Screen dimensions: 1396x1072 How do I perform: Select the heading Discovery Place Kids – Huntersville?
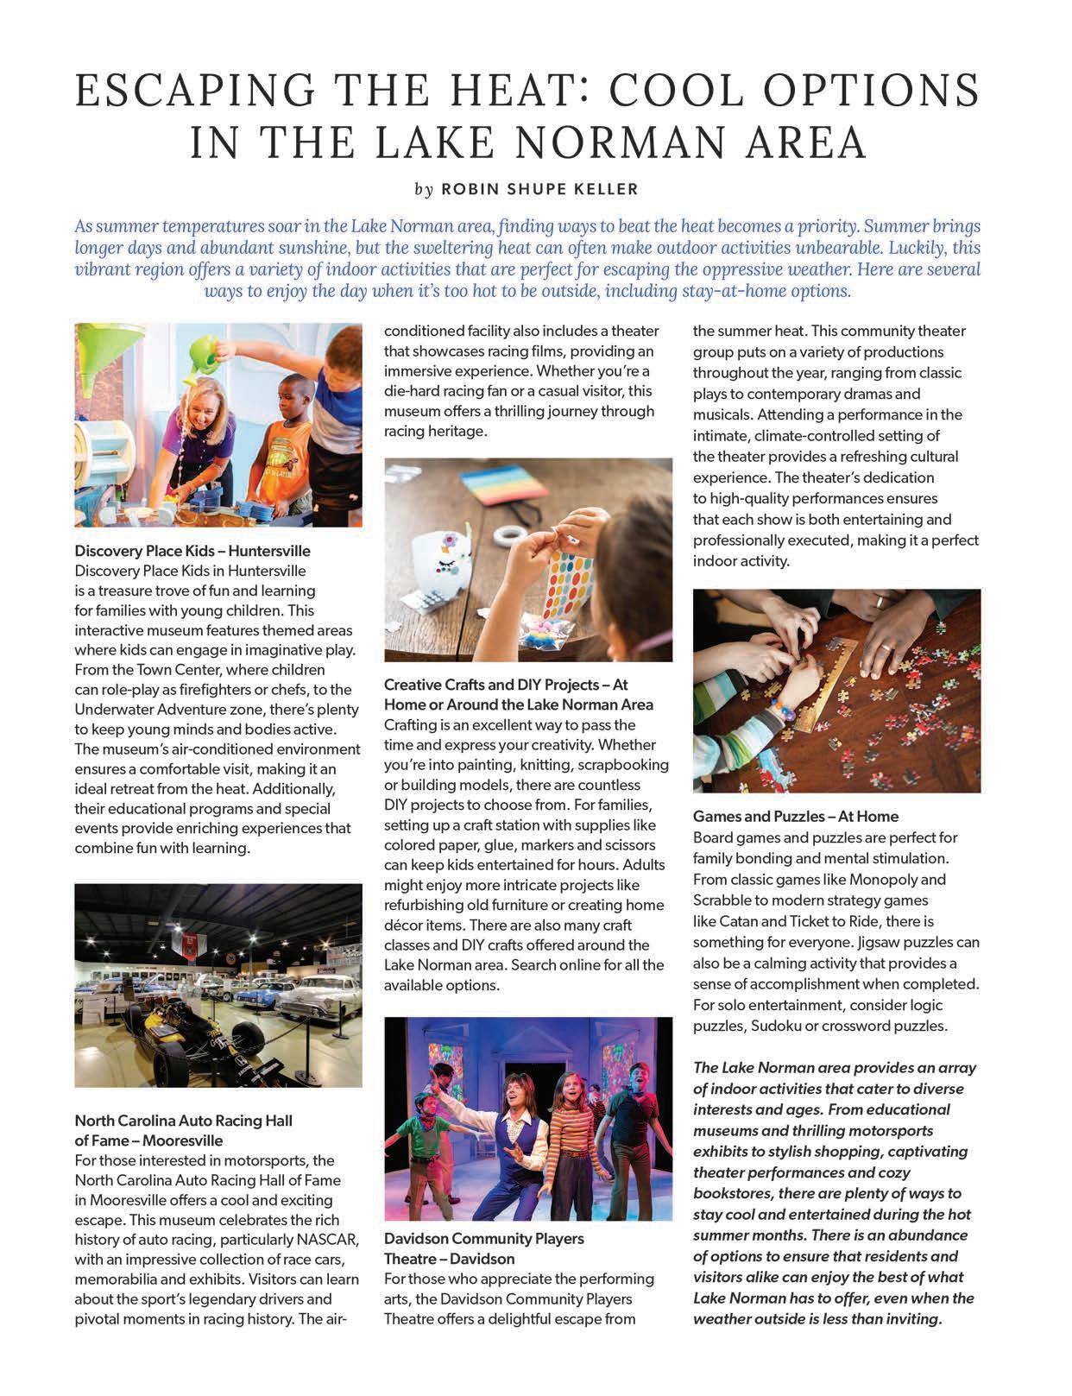(x=192, y=551)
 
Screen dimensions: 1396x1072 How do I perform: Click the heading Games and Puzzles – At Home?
(x=795, y=817)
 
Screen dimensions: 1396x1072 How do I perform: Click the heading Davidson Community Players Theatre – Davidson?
(x=483, y=1248)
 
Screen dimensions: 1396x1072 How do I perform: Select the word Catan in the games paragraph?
(x=740, y=921)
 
